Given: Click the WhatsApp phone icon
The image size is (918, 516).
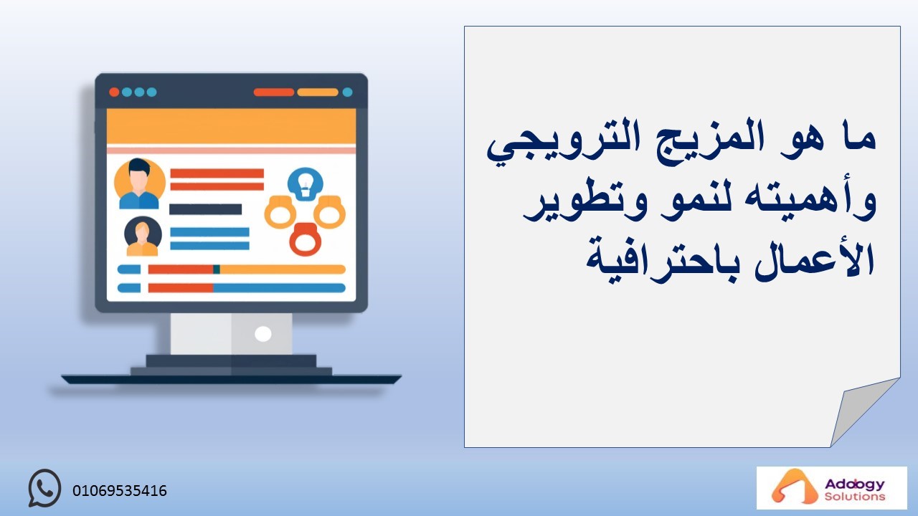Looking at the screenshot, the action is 44,488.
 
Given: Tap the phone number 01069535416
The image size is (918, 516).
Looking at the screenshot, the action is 120,491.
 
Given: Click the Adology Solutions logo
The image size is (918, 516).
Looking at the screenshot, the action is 831,487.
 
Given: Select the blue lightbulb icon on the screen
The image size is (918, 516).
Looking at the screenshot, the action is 306,184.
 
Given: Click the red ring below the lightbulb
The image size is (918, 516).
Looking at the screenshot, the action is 305,239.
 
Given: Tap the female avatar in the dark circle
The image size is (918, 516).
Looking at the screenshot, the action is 143,236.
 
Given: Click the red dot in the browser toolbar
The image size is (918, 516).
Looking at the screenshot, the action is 114,92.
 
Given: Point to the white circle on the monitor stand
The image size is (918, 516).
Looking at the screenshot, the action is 263,334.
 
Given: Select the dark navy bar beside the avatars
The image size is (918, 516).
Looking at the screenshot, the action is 205,209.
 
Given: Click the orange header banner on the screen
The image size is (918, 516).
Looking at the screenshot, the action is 231,127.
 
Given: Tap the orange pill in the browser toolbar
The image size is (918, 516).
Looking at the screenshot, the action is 318,92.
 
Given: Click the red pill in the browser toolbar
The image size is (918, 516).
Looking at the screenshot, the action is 274,92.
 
